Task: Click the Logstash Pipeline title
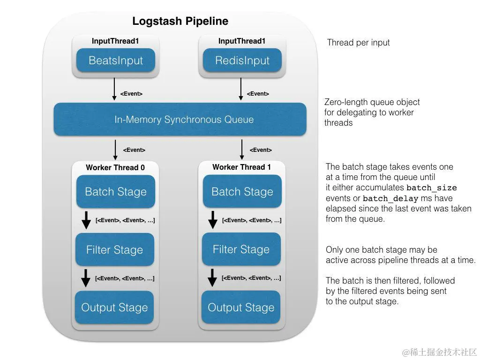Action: pyautogui.click(x=180, y=21)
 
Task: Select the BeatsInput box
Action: pyautogui.click(x=115, y=60)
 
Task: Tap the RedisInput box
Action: pyautogui.click(x=242, y=60)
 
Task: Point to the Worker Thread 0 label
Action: pyautogui.click(x=115, y=167)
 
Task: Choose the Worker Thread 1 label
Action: pyautogui.click(x=241, y=167)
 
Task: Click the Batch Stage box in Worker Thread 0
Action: pyautogui.click(x=115, y=192)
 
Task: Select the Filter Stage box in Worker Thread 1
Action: pyautogui.click(x=241, y=249)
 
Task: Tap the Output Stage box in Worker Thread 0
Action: pyautogui.click(x=114, y=307)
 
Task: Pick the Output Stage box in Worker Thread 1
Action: pyautogui.click(x=241, y=307)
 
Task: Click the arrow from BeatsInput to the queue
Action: pyautogui.click(x=114, y=89)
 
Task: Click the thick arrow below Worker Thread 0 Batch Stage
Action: pyautogui.click(x=86, y=220)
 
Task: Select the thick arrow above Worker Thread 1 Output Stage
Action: pyautogui.click(x=212, y=277)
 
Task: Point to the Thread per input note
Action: pyautogui.click(x=358, y=43)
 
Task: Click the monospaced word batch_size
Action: pyautogui.click(x=431, y=188)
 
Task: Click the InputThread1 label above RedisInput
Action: pyautogui.click(x=242, y=41)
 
